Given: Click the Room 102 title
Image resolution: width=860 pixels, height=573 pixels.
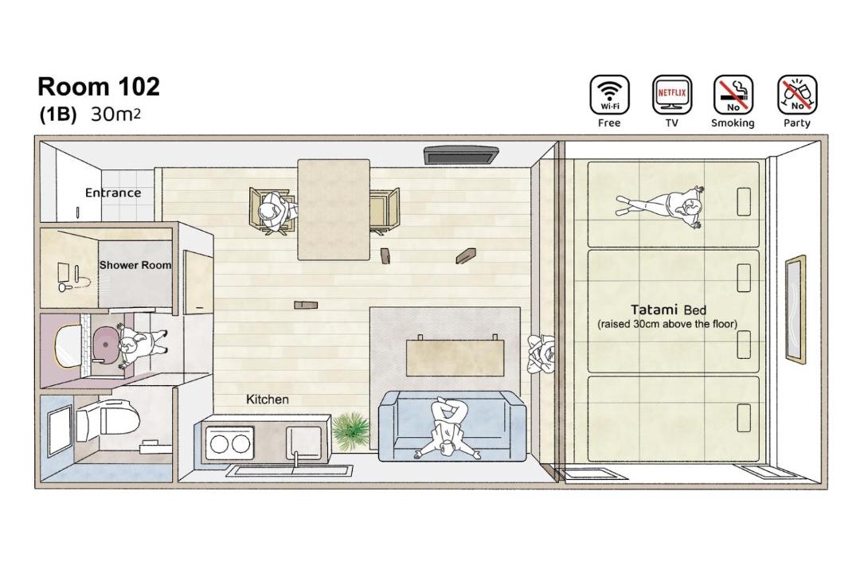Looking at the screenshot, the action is coord(99,87).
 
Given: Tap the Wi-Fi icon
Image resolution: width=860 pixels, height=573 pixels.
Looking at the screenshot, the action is coord(609,95).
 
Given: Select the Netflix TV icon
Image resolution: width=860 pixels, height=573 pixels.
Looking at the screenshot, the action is coord(672,95).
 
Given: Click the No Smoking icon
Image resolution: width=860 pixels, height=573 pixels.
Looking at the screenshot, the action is coord(733,95).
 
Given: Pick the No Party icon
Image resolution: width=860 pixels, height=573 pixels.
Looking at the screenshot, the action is coord(797,95).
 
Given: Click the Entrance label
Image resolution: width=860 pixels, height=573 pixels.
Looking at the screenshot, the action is coord(113,193).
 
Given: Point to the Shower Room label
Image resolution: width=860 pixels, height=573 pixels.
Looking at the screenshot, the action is coord(135,265).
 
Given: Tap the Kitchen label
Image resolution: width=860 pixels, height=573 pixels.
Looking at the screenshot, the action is coord(267,400).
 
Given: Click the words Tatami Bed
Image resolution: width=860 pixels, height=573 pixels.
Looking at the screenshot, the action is coord(668,310).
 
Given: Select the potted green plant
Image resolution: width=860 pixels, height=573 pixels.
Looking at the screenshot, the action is coord(350,431).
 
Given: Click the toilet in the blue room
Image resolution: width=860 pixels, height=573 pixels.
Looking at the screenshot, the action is coord(107,422).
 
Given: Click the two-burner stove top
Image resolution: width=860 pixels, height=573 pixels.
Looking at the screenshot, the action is coord(230,443).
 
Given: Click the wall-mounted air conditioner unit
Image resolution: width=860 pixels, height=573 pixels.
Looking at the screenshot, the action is coord(461,154).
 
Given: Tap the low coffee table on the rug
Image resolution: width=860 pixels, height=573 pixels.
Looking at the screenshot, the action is coord(455,357).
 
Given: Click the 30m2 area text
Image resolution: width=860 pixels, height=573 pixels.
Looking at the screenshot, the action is coord(115,114).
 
